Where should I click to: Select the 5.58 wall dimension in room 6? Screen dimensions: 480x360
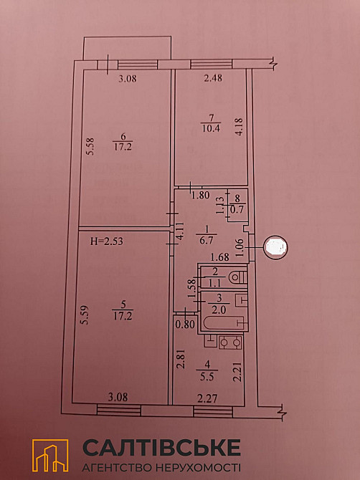point(89,153)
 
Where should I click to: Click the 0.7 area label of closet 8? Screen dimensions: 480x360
point(237,208)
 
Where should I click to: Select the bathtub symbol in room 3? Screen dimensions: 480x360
point(222,323)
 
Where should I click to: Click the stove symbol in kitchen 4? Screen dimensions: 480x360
point(229,344)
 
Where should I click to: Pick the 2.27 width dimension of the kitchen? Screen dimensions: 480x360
point(207,400)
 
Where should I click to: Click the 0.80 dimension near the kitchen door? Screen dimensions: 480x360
point(185,324)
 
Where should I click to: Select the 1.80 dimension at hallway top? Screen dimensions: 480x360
point(200,194)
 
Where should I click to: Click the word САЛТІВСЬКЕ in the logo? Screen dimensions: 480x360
point(162,448)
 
